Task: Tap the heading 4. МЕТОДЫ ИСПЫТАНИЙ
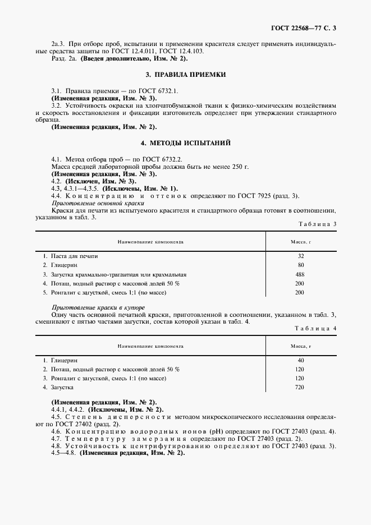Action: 185,143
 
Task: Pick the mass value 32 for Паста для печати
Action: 301,256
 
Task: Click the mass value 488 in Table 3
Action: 301,274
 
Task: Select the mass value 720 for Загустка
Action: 301,388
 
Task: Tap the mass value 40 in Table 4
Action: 301,360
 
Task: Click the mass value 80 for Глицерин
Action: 301,265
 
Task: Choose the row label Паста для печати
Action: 74,256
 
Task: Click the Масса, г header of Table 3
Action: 301,242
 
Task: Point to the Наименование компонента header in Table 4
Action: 150,345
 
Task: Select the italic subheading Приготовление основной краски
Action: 90,204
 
